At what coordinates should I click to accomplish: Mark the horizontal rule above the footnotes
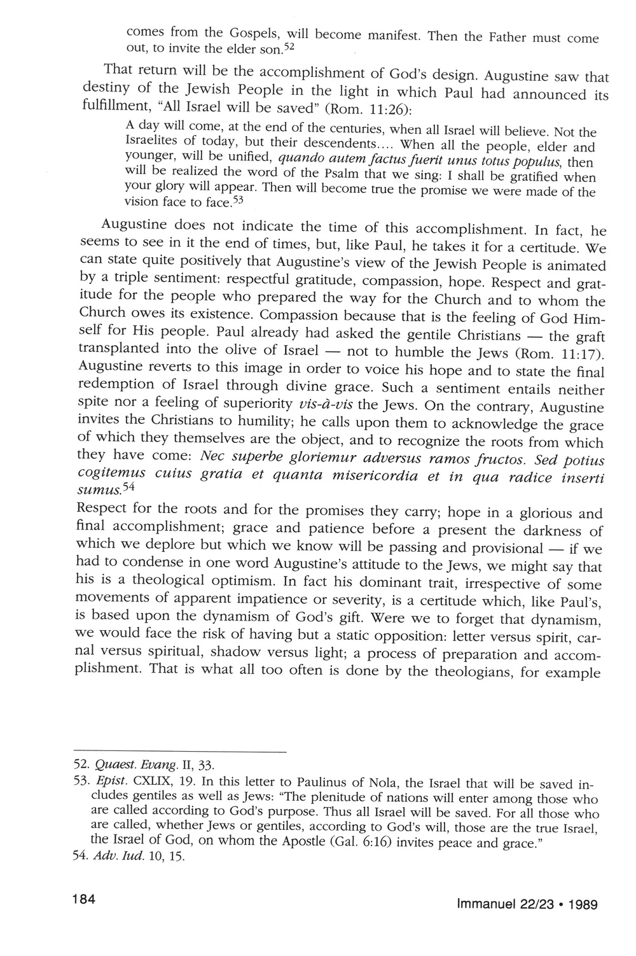point(181,753)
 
